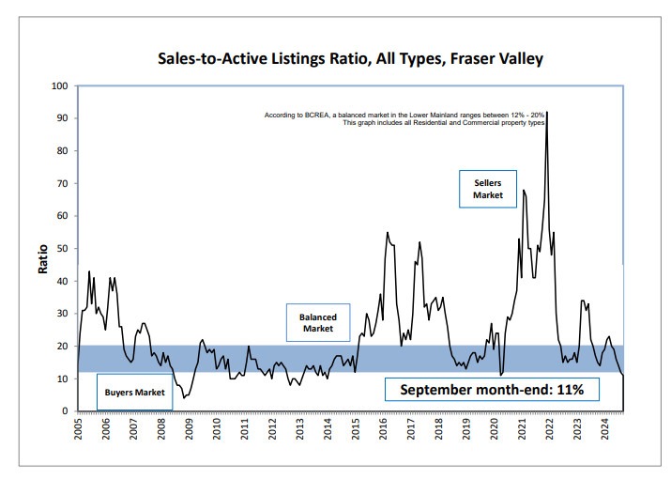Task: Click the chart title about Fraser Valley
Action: click(x=349, y=58)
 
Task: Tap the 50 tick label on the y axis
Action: click(x=62, y=248)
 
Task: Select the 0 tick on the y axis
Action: click(x=65, y=411)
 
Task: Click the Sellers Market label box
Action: click(x=488, y=189)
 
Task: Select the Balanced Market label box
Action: click(x=317, y=323)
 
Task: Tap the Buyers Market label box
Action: click(x=134, y=391)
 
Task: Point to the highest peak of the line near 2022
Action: click(x=547, y=113)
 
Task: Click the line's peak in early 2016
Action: click(x=388, y=232)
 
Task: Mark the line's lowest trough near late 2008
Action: click(x=185, y=397)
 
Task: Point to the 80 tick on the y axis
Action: click(x=62, y=150)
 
